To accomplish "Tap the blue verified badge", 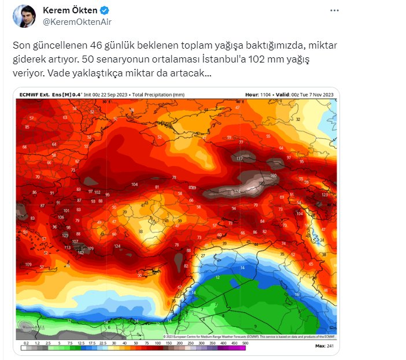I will tap(104, 10).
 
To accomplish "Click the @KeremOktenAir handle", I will tap(77, 22).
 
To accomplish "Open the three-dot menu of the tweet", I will tap(334, 10).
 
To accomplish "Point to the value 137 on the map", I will tap(239, 158).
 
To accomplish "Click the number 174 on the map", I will tap(237, 192).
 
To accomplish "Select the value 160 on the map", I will tap(274, 175).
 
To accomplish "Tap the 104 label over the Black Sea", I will tap(134, 185).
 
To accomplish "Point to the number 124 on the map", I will tap(117, 246).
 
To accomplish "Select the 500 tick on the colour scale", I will tap(245, 344).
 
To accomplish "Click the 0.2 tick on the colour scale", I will tap(25, 344).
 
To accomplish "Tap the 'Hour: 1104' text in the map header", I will tap(256, 94).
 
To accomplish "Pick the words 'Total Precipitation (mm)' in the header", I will tap(158, 94).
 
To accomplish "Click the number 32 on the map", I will tap(298, 119).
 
